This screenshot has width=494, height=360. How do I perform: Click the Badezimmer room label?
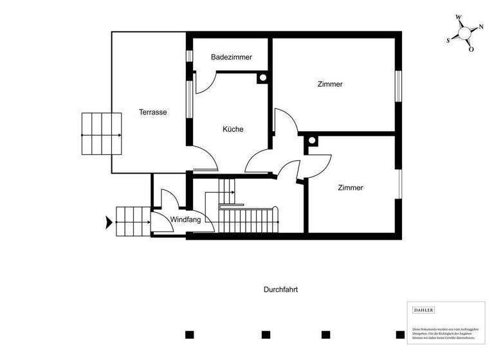(232, 57)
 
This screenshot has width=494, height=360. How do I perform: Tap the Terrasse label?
(153, 112)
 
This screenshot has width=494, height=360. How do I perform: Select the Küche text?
(233, 129)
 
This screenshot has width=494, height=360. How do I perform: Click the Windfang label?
(185, 220)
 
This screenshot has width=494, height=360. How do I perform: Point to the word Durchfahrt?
(280, 289)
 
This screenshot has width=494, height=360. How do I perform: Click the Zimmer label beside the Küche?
(330, 84)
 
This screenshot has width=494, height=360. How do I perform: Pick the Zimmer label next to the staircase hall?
(351, 188)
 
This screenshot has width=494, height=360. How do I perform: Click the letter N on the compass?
(480, 28)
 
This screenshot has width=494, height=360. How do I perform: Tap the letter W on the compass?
(458, 17)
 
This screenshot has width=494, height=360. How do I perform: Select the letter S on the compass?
(448, 40)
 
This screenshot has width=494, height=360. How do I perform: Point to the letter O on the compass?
(471, 49)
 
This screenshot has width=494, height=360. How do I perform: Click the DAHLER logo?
(423, 310)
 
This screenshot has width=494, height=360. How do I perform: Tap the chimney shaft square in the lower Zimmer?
(312, 141)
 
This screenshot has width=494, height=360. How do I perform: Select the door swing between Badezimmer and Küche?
(204, 82)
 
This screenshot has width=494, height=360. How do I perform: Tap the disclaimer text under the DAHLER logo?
(444, 329)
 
